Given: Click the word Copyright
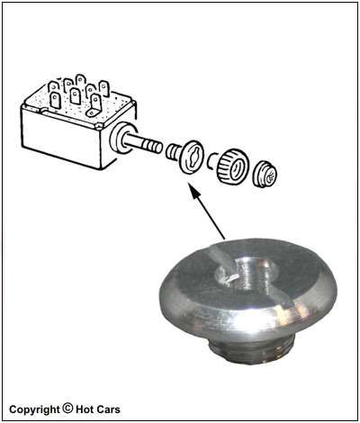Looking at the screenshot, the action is pyautogui.click(x=34, y=409).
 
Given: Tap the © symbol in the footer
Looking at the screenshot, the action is pyautogui.click(x=67, y=409).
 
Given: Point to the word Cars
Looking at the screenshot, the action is pyautogui.click(x=109, y=409).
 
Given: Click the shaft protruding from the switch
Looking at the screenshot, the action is pyautogui.click(x=142, y=144).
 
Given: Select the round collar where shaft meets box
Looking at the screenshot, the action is pyautogui.click(x=119, y=138).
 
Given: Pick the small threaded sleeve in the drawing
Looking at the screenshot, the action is pyautogui.click(x=172, y=152).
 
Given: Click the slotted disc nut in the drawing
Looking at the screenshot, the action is pyautogui.click(x=191, y=157).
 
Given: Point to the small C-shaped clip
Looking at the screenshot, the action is pyautogui.click(x=211, y=160).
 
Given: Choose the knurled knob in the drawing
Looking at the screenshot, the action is pyautogui.click(x=233, y=167).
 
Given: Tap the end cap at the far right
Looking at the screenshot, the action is pyautogui.click(x=265, y=175).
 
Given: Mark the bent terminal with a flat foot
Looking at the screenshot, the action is pyautogui.click(x=94, y=105).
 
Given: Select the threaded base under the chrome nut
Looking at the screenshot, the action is pyautogui.click(x=251, y=348).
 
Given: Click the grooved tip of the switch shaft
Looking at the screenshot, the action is pyautogui.click(x=154, y=147).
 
